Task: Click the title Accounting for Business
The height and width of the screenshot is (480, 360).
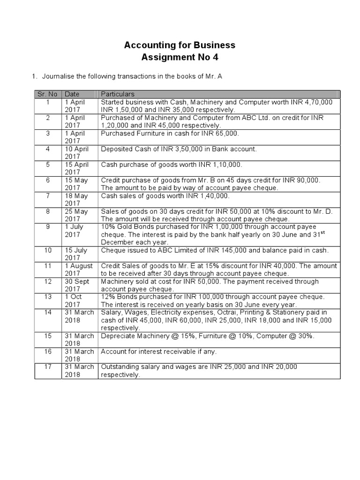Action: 180,45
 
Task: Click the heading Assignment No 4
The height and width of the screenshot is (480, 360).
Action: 180,58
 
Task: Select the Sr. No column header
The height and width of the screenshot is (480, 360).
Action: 47,94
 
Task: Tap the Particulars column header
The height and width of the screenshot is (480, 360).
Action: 118,94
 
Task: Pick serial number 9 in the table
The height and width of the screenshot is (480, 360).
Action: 48,227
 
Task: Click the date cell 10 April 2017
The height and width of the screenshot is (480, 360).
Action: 76,153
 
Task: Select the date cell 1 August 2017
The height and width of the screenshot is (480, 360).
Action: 78,270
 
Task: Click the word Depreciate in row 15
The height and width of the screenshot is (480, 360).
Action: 119,336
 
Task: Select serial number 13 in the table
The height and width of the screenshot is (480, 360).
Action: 48,297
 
